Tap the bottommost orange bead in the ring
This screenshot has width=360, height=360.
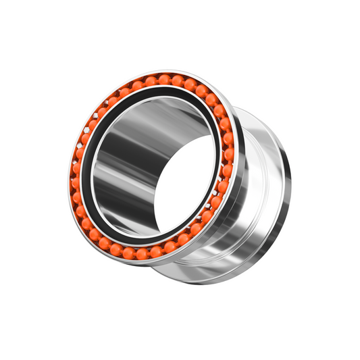click(141, 255)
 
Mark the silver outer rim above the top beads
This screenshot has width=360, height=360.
click(165, 72)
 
